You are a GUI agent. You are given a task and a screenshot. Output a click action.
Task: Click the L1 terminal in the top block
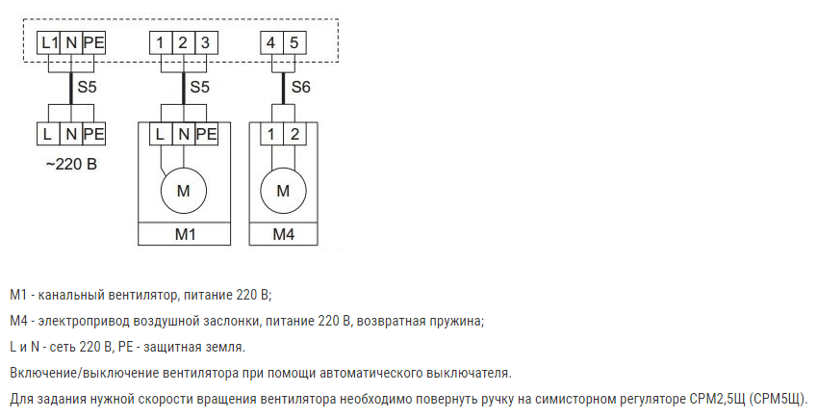49,42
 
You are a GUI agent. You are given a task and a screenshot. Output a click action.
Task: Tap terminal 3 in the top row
206,42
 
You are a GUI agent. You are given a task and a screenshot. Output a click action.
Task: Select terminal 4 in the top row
271,42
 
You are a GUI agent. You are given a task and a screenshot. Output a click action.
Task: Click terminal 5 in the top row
294,42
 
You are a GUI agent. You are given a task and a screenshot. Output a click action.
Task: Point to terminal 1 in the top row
161,42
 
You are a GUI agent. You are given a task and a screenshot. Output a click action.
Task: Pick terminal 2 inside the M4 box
294,134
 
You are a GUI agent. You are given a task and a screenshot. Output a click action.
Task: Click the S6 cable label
300,87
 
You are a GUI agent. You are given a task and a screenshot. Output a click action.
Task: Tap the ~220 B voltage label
71,165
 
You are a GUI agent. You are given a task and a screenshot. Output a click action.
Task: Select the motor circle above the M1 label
184,191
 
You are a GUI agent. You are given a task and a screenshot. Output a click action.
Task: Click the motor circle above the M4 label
283,191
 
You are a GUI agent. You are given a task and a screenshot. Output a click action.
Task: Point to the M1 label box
185,234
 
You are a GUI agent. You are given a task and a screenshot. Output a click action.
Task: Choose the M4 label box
284,234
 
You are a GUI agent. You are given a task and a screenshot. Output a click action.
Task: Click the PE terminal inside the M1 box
206,134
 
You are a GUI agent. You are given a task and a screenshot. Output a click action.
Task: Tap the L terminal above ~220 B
48,134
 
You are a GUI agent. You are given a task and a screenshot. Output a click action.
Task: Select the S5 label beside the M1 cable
199,87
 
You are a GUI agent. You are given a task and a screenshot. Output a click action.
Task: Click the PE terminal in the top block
94,42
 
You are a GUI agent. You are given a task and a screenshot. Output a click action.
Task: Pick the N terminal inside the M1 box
184,134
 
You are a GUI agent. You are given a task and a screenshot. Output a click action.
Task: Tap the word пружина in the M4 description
458,322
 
